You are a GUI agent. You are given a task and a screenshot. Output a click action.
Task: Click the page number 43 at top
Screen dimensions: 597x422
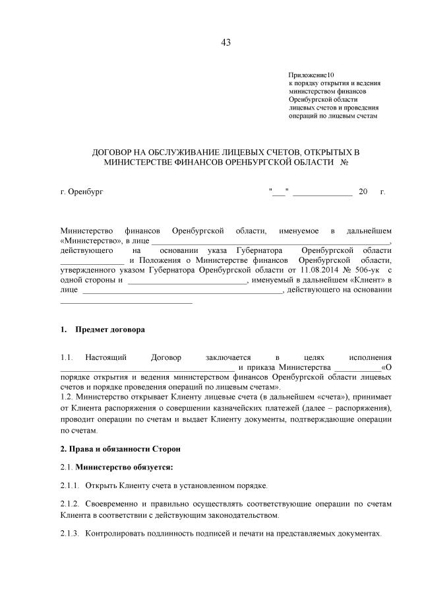(226, 43)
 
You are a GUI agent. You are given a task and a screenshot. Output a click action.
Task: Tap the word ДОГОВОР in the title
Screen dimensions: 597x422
(118, 153)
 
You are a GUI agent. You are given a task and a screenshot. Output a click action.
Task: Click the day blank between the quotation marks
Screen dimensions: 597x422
(279, 192)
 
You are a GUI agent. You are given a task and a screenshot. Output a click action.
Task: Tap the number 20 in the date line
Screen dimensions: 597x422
(362, 192)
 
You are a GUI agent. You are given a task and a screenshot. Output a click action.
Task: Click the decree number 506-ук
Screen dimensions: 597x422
(367, 270)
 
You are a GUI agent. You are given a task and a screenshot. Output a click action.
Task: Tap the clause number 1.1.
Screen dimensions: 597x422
(67, 357)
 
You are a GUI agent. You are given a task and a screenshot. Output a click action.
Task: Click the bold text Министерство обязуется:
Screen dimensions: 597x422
(125, 468)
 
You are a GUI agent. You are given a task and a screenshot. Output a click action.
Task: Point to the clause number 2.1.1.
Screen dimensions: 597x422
(70, 486)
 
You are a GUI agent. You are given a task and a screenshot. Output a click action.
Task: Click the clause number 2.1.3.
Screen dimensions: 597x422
(70, 533)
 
